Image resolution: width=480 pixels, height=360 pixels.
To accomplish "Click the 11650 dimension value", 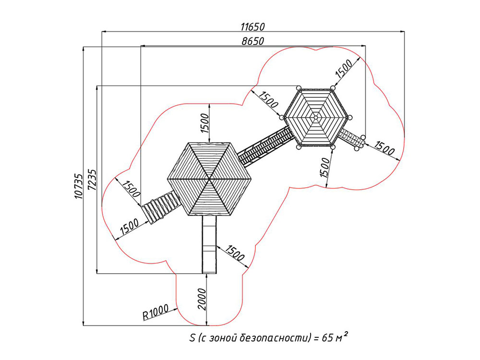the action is [x=252, y=27].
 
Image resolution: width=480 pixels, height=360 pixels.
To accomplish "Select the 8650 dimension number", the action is [x=252, y=41].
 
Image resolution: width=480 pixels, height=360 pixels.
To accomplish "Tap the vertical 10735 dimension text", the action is [x=79, y=186].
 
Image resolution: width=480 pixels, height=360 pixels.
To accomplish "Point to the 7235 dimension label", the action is [x=92, y=180].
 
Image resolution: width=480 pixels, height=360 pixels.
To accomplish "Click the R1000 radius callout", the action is [x=156, y=312].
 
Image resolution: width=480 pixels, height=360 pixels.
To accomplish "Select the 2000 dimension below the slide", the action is [x=202, y=299].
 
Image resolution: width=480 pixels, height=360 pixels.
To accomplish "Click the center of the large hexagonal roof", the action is [x=209, y=179].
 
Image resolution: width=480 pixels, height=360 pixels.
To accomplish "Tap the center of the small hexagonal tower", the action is [x=316, y=117].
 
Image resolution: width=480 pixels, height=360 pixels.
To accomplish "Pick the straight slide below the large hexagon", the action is [x=209, y=244].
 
